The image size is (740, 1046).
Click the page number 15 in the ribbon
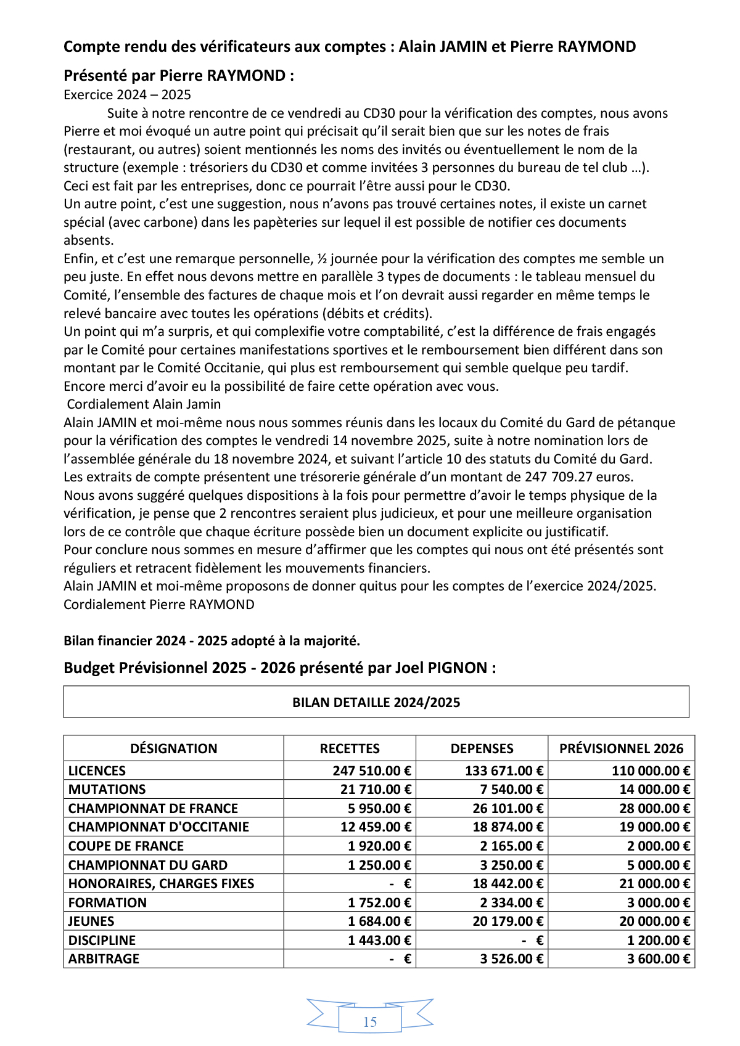[x=370, y=1022]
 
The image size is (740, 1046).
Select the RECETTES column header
[x=350, y=749]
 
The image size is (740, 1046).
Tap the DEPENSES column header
[x=482, y=749]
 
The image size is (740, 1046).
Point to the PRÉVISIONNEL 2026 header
[x=621, y=749]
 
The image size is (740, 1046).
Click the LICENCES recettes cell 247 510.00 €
[x=372, y=771]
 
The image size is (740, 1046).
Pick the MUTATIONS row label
[x=107, y=790]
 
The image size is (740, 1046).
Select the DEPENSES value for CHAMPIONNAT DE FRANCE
[x=504, y=809]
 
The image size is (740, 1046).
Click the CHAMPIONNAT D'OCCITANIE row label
[x=158, y=827]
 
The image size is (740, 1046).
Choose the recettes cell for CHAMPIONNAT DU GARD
[x=379, y=865]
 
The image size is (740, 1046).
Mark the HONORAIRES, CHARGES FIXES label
[x=161, y=884]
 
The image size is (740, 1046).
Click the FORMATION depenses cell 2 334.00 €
[x=511, y=903]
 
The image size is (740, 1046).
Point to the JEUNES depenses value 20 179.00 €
[x=508, y=921]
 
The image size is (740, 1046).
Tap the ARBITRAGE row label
[x=104, y=959]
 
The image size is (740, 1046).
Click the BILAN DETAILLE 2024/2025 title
[x=376, y=703]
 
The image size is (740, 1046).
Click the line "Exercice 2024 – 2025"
[x=127, y=95]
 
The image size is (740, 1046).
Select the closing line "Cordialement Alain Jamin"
[x=144, y=404]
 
